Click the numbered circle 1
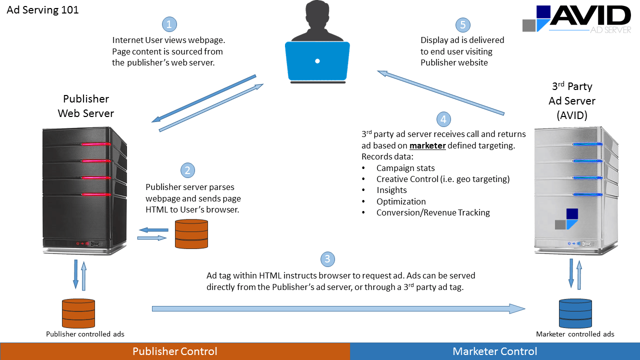coord(169,24)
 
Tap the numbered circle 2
coord(187,170)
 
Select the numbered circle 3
coord(327,259)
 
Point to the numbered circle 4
coord(443,119)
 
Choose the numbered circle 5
coord(463,25)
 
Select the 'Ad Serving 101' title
coord(42,10)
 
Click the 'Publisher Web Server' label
coord(86,106)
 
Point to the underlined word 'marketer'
coord(427,146)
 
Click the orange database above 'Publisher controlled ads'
coord(78,313)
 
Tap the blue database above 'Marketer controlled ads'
coord(574,313)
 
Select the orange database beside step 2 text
coord(191,233)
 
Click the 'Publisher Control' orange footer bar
coord(174,351)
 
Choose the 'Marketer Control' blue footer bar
coord(494,351)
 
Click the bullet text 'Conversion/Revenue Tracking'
coord(433,212)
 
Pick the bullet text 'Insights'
coord(391,190)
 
